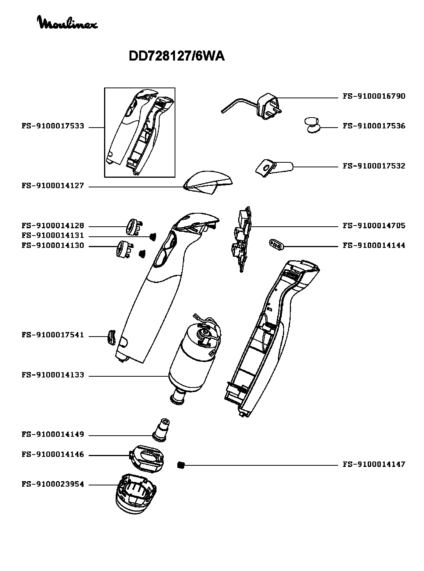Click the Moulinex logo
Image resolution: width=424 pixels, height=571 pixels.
[68, 22]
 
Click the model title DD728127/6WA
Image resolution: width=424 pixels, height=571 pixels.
[177, 56]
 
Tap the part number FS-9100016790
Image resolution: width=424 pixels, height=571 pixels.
[374, 96]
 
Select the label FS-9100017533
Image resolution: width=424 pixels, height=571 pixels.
[53, 126]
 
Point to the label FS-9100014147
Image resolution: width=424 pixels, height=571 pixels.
[374, 465]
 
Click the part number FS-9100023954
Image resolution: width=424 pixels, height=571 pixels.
[53, 485]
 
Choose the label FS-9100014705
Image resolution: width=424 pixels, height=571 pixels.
[374, 226]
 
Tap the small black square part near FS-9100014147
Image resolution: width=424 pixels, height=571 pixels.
[181, 465]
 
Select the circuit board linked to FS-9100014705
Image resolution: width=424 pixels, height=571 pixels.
[242, 239]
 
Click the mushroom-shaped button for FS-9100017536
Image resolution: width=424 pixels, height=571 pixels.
[313, 125]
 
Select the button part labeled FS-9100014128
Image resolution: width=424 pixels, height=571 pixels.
[134, 227]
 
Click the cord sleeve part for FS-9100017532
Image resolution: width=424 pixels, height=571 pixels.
[274, 167]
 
